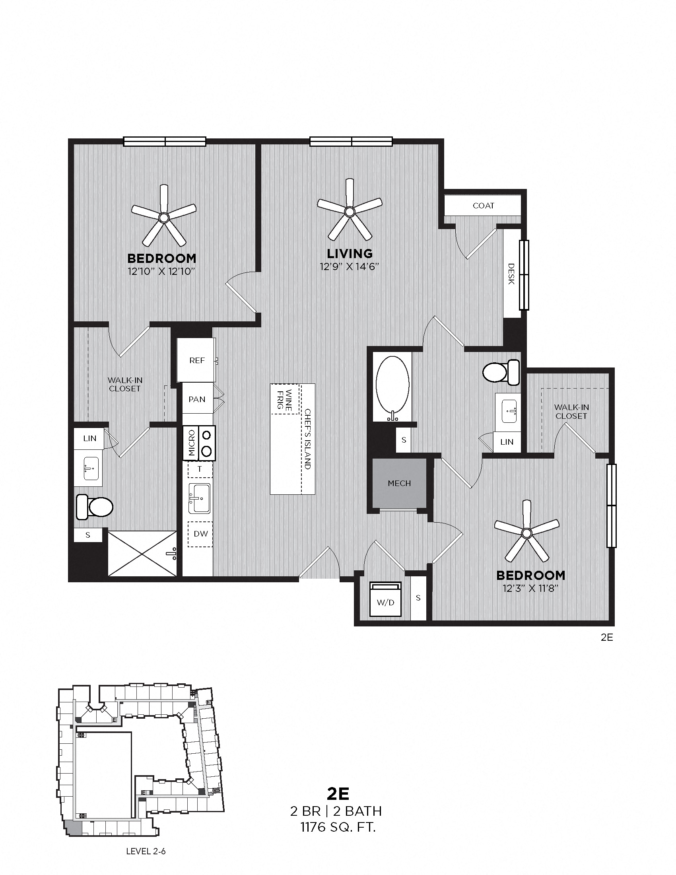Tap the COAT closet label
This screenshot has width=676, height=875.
click(484, 206)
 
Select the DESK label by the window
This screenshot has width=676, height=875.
click(511, 274)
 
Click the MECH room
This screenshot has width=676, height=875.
click(399, 483)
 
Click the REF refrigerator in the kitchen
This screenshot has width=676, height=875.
click(196, 360)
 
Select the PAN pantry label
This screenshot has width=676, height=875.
click(196, 399)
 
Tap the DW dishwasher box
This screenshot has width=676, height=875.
click(201, 534)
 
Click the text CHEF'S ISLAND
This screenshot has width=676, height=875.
click(307, 439)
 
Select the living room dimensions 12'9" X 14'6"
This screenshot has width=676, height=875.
click(349, 266)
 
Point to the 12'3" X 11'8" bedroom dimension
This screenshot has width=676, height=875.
click(530, 589)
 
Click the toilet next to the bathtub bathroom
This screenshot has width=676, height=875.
click(501, 373)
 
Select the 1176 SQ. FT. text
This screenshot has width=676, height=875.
click(338, 827)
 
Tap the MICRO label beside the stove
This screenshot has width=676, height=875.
click(191, 443)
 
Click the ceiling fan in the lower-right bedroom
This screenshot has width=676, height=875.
click(526, 533)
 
